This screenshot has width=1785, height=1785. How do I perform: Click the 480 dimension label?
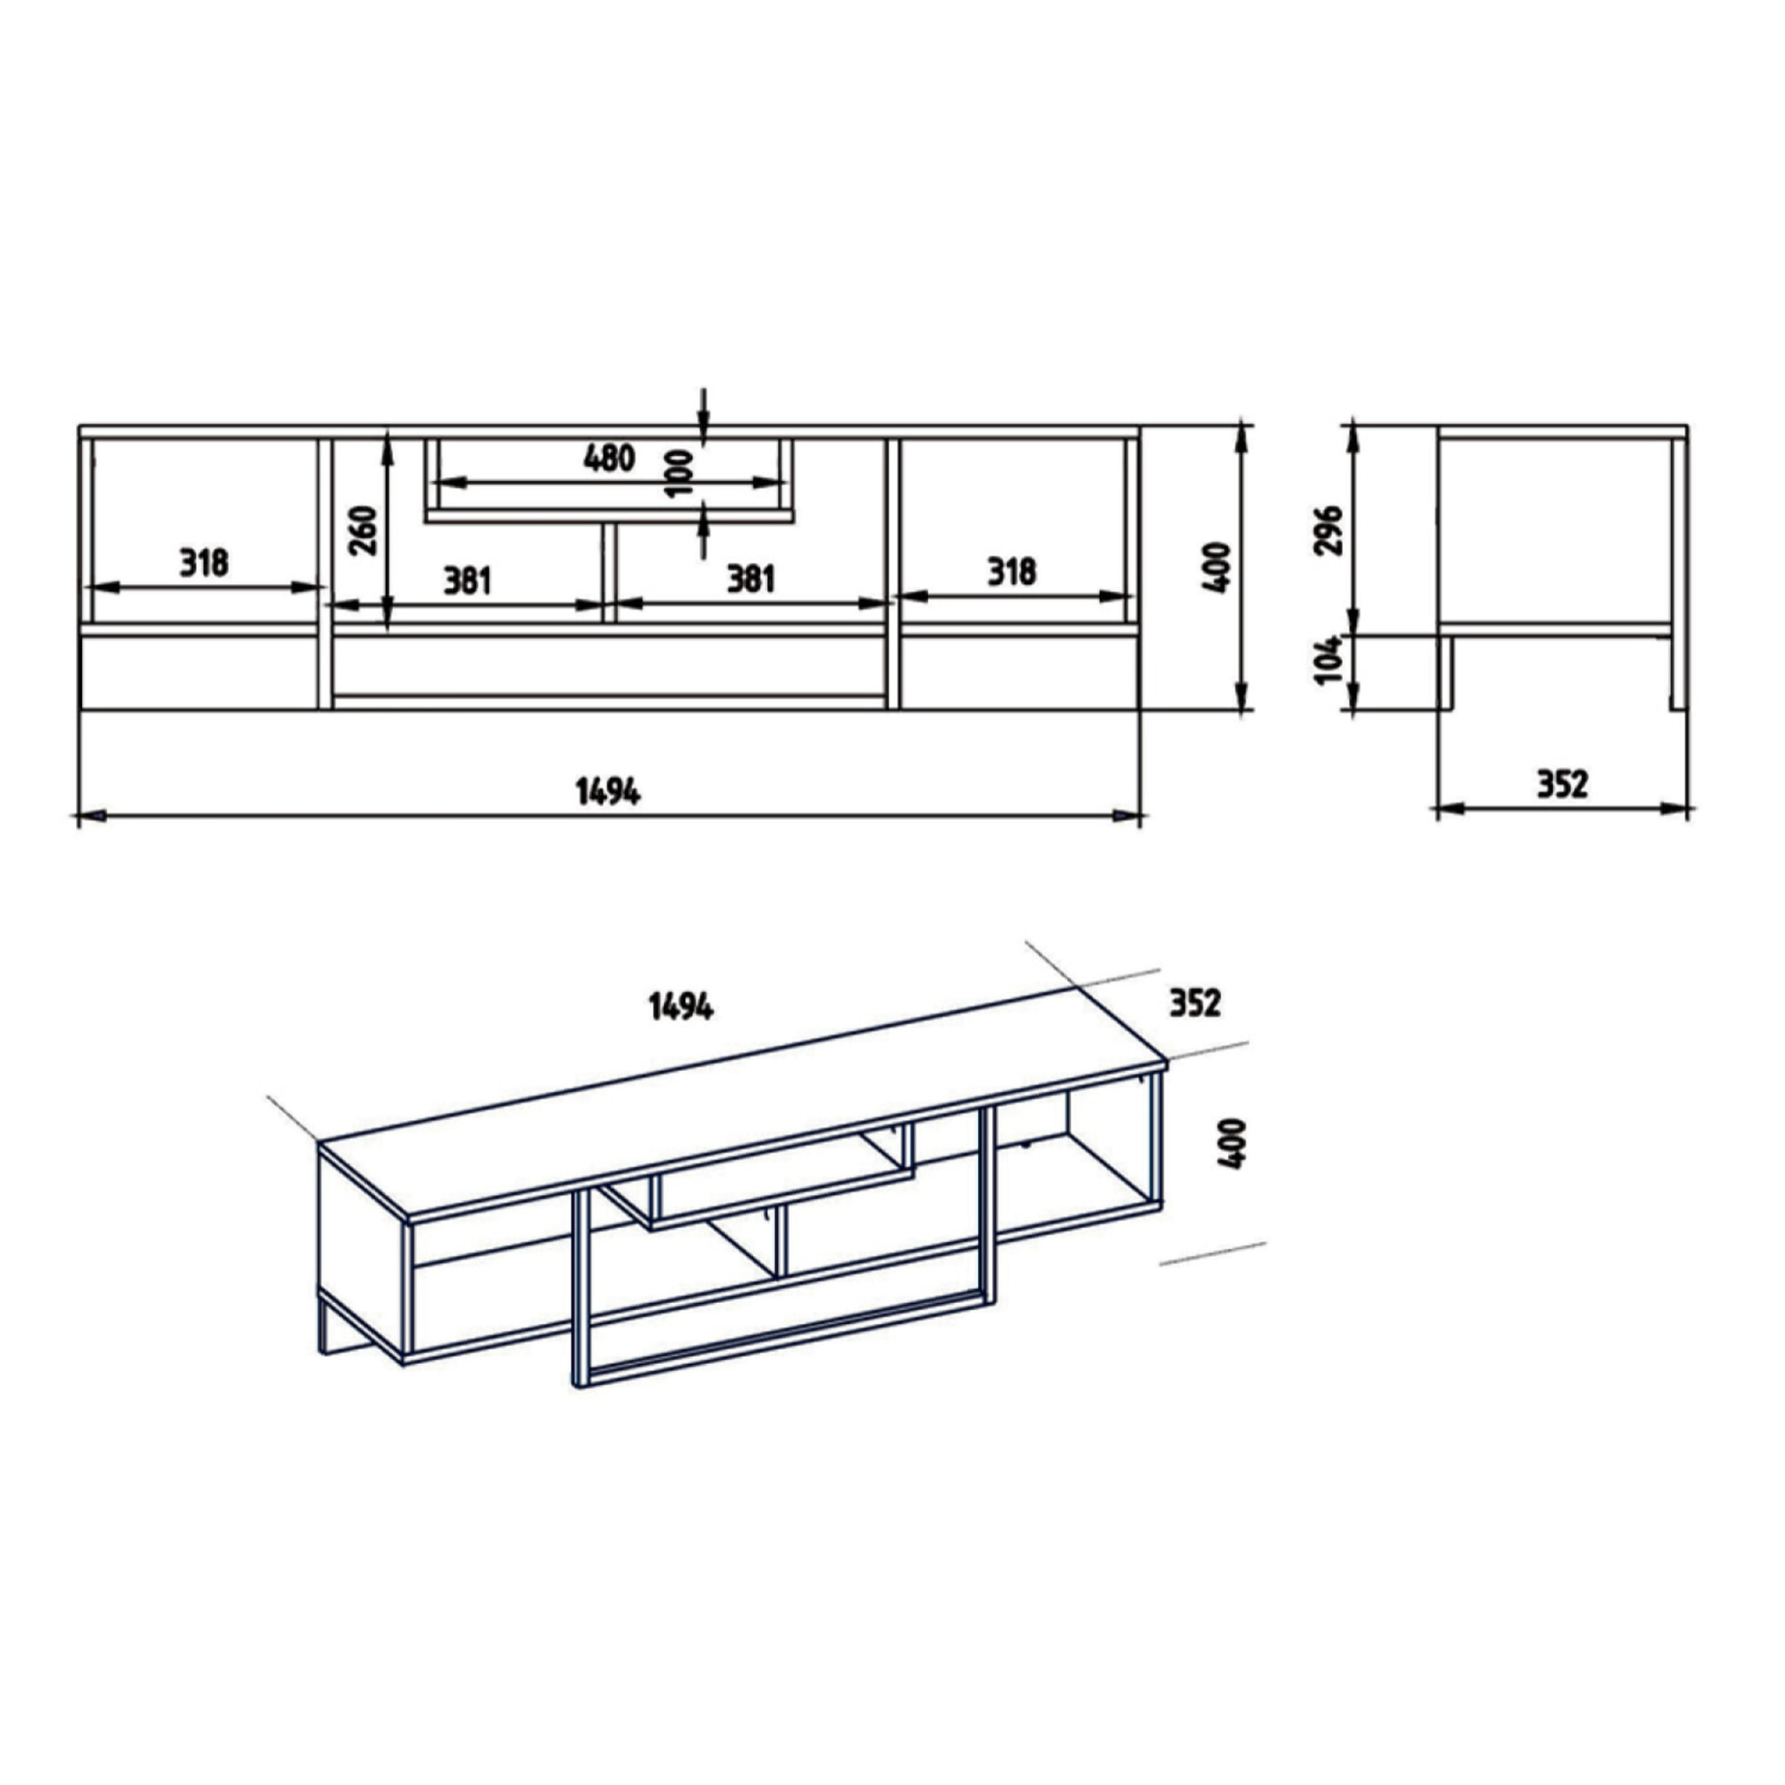coord(609,458)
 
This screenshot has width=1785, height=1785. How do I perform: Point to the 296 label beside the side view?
coord(1327,529)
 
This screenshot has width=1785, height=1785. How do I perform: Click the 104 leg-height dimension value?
coord(1327,659)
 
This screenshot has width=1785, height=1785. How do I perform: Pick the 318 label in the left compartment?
coord(203,562)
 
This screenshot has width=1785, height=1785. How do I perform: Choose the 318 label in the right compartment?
coord(1011,572)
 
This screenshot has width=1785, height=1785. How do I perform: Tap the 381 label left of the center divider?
coord(467,581)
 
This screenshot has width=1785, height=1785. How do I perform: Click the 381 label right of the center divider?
coord(750,580)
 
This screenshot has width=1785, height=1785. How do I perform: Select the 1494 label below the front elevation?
coord(607,791)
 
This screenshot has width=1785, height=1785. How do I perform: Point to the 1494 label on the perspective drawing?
coord(680,1007)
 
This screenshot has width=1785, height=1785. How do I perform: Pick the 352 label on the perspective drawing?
coord(1195,1002)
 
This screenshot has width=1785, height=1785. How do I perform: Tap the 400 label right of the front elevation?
coord(1218,567)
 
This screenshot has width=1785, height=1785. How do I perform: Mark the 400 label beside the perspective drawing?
coord(1232,1144)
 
